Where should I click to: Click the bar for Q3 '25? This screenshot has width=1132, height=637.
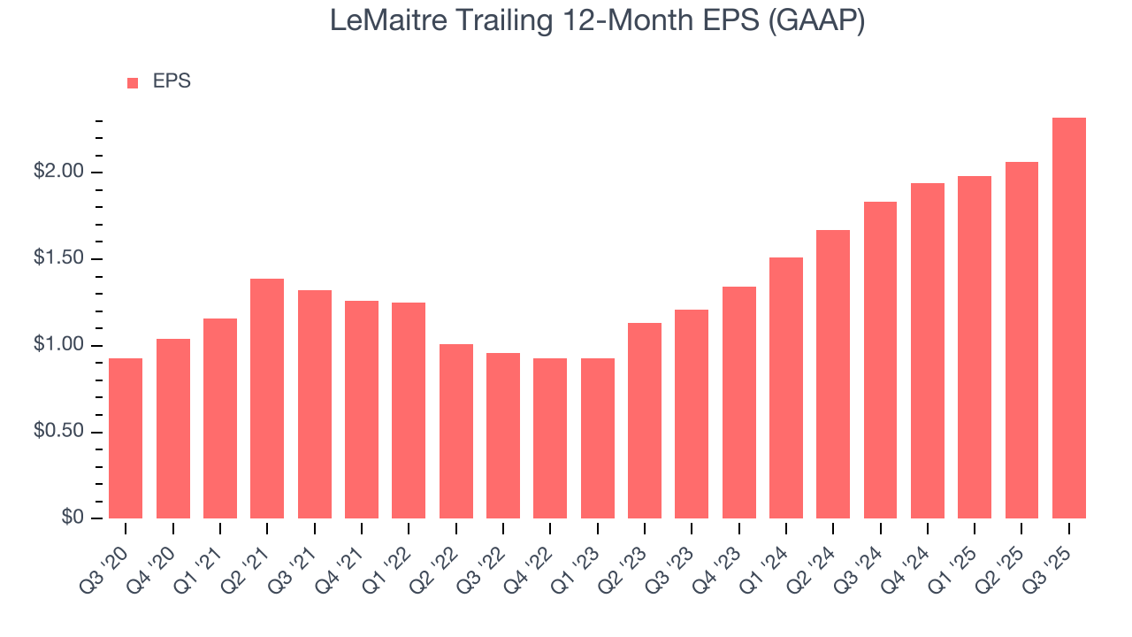(1069, 318)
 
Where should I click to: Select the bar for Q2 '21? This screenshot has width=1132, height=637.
(267, 398)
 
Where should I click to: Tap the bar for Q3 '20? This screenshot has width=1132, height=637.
(126, 438)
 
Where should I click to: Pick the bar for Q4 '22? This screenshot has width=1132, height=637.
(550, 438)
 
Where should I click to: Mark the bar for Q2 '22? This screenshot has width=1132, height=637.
(456, 431)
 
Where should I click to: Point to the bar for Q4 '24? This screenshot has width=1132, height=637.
(928, 350)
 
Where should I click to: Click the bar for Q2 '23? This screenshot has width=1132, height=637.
(645, 420)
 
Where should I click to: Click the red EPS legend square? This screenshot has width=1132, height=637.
(133, 83)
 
